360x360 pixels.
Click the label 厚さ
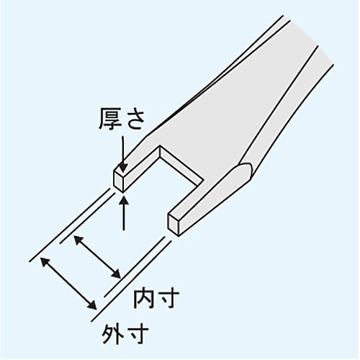(122, 119)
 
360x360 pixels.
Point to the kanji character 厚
(110, 119)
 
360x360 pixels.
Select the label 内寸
(156, 299)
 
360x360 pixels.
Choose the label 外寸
(125, 333)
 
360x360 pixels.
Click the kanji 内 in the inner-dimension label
(144, 299)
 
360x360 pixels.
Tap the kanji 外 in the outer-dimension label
(112, 333)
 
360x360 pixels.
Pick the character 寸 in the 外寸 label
(138, 333)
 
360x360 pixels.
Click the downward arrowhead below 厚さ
(123, 168)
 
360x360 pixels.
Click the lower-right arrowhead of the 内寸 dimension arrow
(116, 274)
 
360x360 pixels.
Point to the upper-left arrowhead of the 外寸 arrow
(45, 261)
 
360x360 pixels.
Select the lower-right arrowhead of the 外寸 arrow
(91, 305)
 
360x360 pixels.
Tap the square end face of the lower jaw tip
(173, 225)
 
